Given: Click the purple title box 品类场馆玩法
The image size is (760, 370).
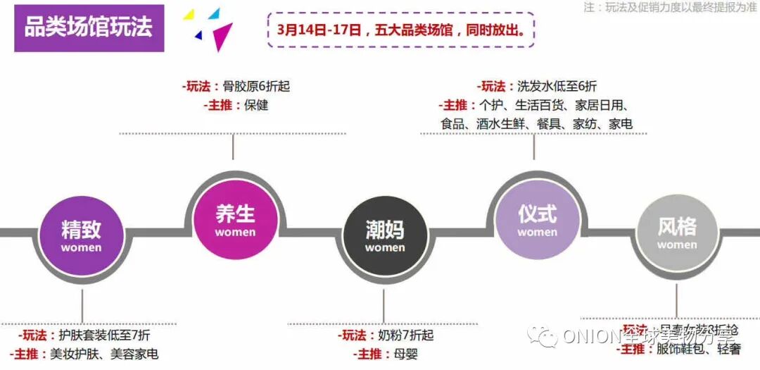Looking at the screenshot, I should tap(89, 28).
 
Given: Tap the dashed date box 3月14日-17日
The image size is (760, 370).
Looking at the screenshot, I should tap(400, 31).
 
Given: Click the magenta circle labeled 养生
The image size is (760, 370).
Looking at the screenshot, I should tap(234, 218).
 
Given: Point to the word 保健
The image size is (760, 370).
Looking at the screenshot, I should tap(256, 106).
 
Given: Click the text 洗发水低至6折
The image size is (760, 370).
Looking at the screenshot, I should tap(557, 87).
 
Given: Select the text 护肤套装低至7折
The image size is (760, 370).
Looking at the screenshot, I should tap(105, 335).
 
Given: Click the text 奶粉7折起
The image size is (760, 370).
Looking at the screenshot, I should tap(407, 335).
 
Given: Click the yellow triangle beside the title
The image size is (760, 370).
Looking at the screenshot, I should tap(189, 15).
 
